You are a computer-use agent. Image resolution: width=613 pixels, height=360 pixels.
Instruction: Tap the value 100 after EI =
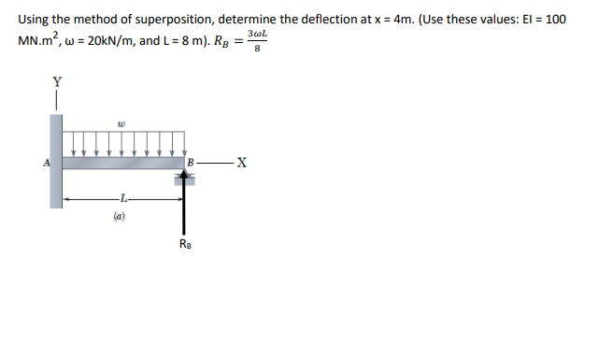coord(555,20)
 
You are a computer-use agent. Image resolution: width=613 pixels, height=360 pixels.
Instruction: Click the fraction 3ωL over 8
coord(257,41)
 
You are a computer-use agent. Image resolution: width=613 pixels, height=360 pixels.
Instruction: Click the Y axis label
coord(57,82)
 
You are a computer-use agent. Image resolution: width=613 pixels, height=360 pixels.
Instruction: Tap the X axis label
coord(242,162)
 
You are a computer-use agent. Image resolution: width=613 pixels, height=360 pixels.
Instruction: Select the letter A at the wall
coord(47,163)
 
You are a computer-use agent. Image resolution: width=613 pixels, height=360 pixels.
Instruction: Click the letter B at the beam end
coord(191,162)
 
